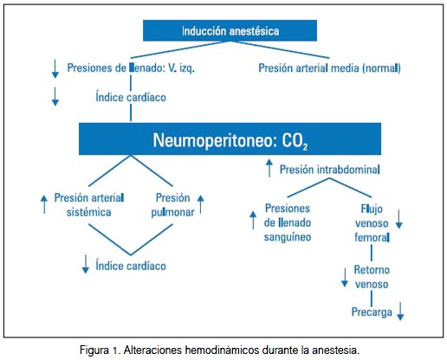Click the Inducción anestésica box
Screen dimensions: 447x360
pyautogui.click(x=230, y=30)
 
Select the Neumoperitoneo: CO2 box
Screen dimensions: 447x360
pyautogui.click(x=230, y=138)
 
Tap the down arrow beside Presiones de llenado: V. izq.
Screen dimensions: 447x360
pyautogui.click(x=55, y=68)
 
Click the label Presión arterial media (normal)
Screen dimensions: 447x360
pyautogui.click(x=329, y=68)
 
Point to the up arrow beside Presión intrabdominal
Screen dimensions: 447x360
pyautogui.click(x=269, y=168)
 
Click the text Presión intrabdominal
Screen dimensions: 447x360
pyautogui.click(x=329, y=170)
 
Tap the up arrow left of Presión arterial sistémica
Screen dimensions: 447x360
pyautogui.click(x=44, y=204)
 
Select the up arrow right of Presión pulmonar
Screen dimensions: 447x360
pyautogui.click(x=201, y=204)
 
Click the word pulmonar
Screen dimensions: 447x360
pyautogui.click(x=172, y=212)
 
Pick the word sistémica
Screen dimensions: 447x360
pyautogui.click(x=88, y=212)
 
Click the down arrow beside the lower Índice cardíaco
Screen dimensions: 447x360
pyautogui.click(x=86, y=264)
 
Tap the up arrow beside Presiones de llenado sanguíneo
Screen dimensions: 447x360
pyautogui.click(x=253, y=220)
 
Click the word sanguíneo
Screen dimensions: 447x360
pyautogui.click(x=288, y=237)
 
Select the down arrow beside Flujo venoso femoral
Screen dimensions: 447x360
pyautogui.click(x=399, y=219)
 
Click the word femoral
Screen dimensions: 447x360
pyautogui.click(x=372, y=237)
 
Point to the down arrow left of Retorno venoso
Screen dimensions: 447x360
pyautogui.click(x=345, y=278)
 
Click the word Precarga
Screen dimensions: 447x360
pyautogui.click(x=372, y=312)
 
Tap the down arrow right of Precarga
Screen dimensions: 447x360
pyautogui.click(x=400, y=311)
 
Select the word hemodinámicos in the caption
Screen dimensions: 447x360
pyautogui.click(x=222, y=350)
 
